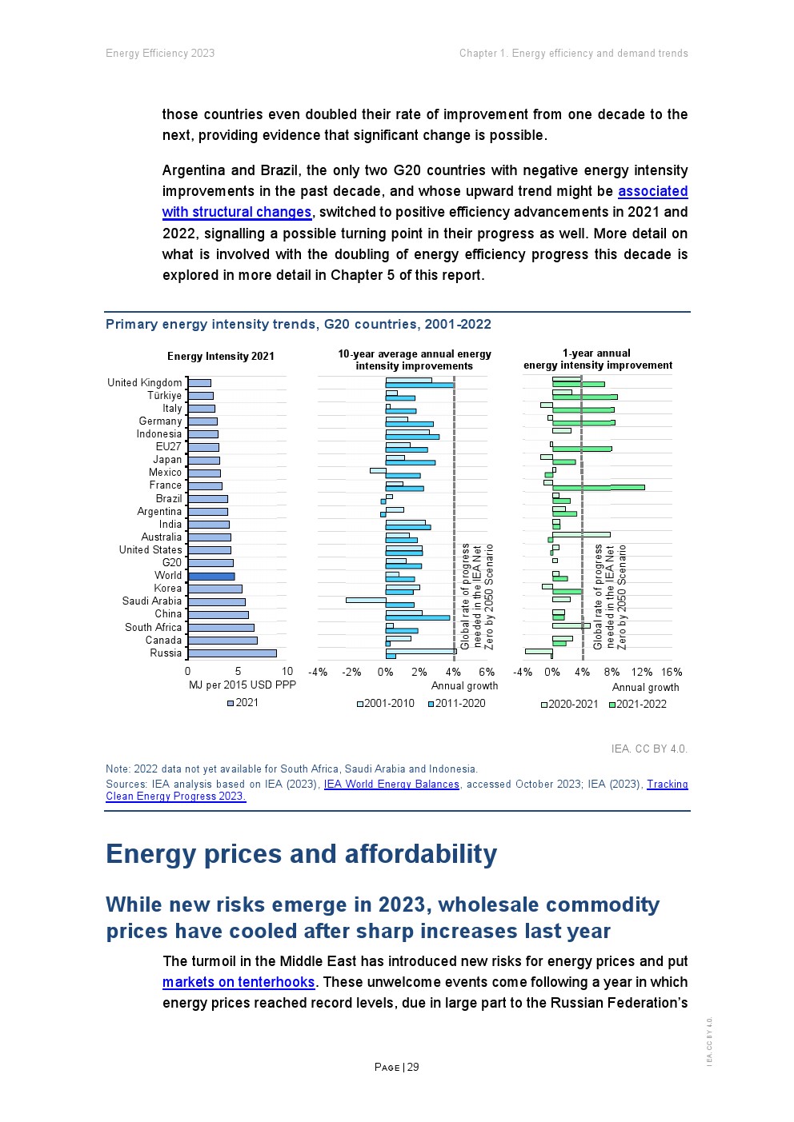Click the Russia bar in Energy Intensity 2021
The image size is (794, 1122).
pyautogui.click(x=232, y=653)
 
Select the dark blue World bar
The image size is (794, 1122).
pyautogui.click(x=211, y=576)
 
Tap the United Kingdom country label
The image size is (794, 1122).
pyautogui.click(x=145, y=383)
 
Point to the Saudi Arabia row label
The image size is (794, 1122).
pyautogui.click(x=152, y=601)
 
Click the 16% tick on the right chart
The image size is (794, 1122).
pyautogui.click(x=672, y=673)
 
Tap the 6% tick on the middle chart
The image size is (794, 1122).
pyautogui.click(x=487, y=673)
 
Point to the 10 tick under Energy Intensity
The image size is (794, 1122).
pyautogui.click(x=287, y=672)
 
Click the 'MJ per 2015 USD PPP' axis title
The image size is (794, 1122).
pyautogui.click(x=242, y=685)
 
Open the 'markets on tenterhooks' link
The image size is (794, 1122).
pyautogui.click(x=239, y=982)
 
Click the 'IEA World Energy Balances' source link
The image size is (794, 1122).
pyautogui.click(x=391, y=785)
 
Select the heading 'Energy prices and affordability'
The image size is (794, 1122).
pyautogui.click(x=301, y=854)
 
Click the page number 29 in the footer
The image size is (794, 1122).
pyautogui.click(x=413, y=1067)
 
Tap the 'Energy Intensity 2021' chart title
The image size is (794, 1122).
pyautogui.click(x=221, y=357)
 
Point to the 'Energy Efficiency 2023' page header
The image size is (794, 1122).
pyautogui.click(x=160, y=54)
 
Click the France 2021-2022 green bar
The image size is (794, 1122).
pyautogui.click(x=598, y=487)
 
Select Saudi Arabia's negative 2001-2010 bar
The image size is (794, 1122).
pyautogui.click(x=366, y=599)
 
